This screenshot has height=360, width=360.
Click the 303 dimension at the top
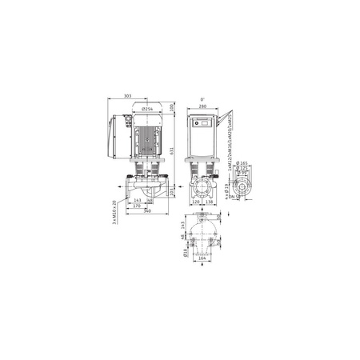point(129,96)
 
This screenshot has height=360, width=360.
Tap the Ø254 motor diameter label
point(147,108)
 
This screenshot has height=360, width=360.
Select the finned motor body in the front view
point(147,136)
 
